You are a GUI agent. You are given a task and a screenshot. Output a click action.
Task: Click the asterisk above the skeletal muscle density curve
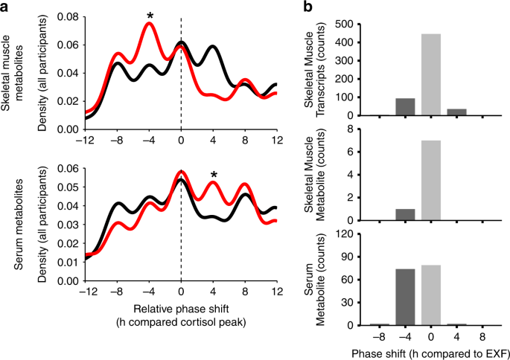150,15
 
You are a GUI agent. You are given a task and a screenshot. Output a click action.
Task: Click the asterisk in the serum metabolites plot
214,176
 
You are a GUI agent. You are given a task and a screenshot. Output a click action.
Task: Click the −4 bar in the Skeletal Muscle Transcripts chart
406,107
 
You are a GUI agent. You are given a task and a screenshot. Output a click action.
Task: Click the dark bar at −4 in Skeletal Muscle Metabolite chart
406,215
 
